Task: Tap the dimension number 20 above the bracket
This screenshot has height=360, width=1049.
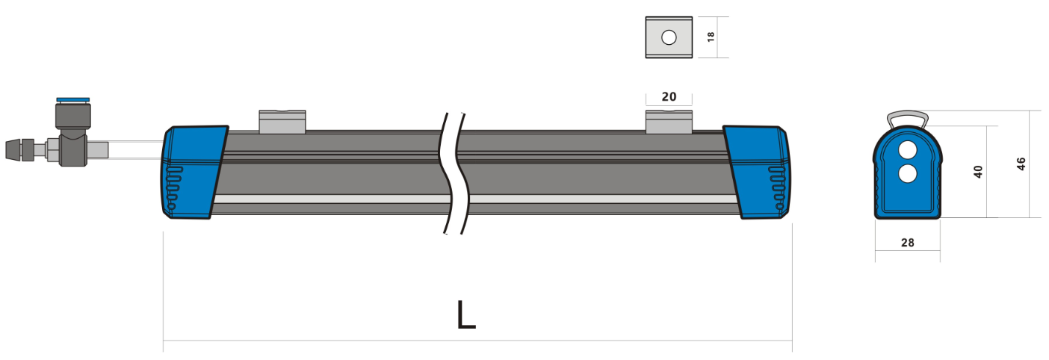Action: click(x=669, y=96)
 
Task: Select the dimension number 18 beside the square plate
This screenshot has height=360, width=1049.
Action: click(x=711, y=37)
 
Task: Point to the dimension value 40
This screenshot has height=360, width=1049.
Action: click(x=978, y=171)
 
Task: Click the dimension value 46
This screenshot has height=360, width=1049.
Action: click(x=1021, y=164)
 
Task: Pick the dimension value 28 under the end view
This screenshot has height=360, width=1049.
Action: click(x=907, y=243)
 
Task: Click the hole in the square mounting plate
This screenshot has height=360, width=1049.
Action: click(x=669, y=37)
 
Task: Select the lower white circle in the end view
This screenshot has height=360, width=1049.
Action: click(x=907, y=174)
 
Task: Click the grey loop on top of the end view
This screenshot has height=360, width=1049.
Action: click(x=907, y=118)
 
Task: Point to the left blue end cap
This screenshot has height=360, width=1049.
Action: click(x=191, y=172)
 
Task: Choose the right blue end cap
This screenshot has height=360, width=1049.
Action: click(x=758, y=172)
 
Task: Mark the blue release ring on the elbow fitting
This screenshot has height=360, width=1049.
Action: click(x=72, y=99)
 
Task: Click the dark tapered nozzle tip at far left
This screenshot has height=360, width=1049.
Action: click(x=14, y=150)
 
